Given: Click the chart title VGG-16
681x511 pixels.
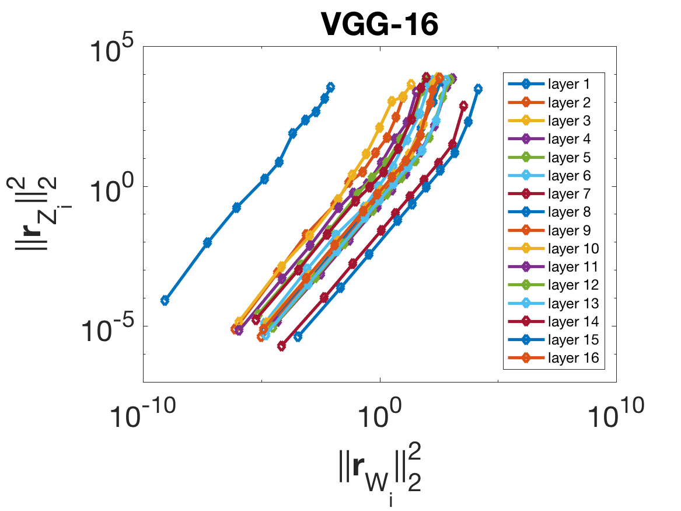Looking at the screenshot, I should [379, 25].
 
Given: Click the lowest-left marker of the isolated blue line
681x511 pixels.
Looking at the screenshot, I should [165, 300].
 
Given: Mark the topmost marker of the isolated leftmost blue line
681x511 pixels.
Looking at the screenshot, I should [330, 87].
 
